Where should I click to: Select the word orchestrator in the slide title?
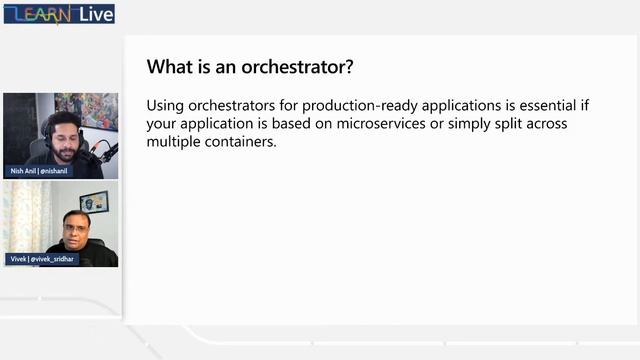coord(296,67)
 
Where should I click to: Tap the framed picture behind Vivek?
coord(94,201)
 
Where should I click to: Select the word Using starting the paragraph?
coord(164,105)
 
